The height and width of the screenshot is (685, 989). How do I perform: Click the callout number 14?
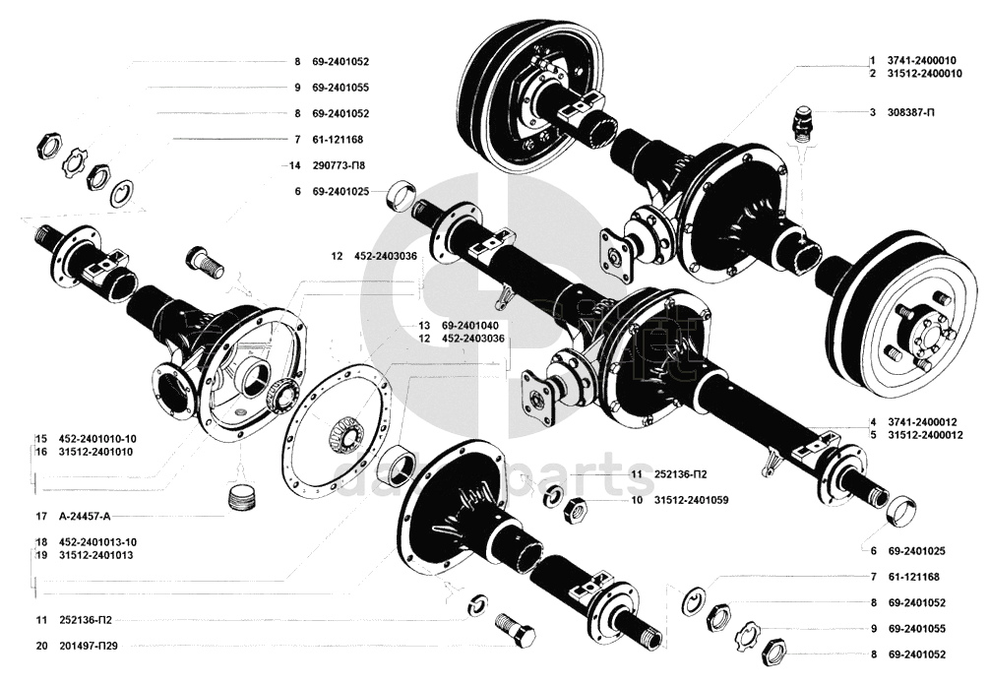coord(293,165)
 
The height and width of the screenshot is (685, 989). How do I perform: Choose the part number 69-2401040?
coord(469,325)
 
